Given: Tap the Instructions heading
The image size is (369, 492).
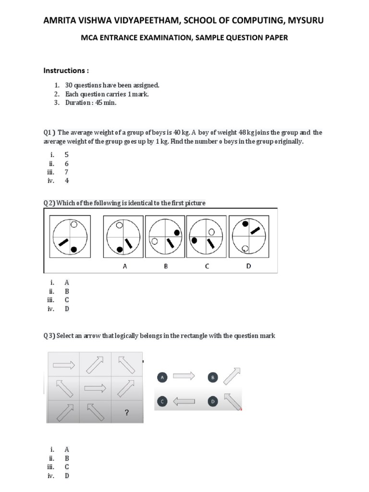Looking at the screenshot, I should point(66,71).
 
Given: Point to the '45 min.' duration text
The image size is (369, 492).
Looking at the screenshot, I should point(106,103).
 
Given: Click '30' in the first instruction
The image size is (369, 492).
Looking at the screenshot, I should point(69,85).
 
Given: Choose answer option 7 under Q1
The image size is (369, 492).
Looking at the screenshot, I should point(67,172).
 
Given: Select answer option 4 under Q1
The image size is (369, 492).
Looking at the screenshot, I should point(67,181).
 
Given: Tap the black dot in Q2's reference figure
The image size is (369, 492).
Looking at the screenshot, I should point(74,249).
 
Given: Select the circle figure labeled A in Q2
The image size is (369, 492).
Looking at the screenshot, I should point(123,237).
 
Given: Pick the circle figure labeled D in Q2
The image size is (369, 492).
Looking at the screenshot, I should point(248,237).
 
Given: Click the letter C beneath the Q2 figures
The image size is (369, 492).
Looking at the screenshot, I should point(207,266).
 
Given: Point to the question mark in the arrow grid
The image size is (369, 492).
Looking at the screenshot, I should point(126,411).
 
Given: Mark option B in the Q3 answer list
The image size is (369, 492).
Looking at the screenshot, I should point(67,458).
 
